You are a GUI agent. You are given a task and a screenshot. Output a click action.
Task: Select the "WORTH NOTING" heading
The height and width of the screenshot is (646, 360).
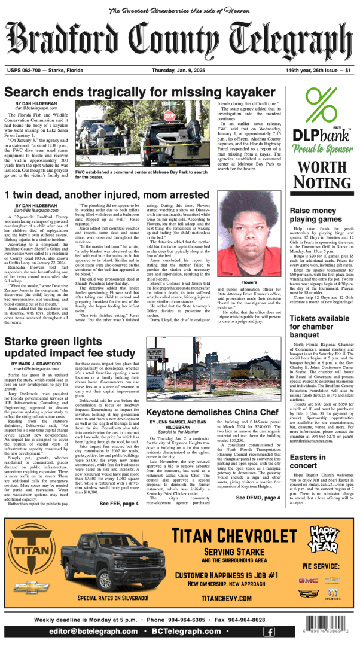tap(321, 175)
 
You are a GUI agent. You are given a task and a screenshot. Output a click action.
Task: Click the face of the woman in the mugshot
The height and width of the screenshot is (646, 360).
tap(243, 235)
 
